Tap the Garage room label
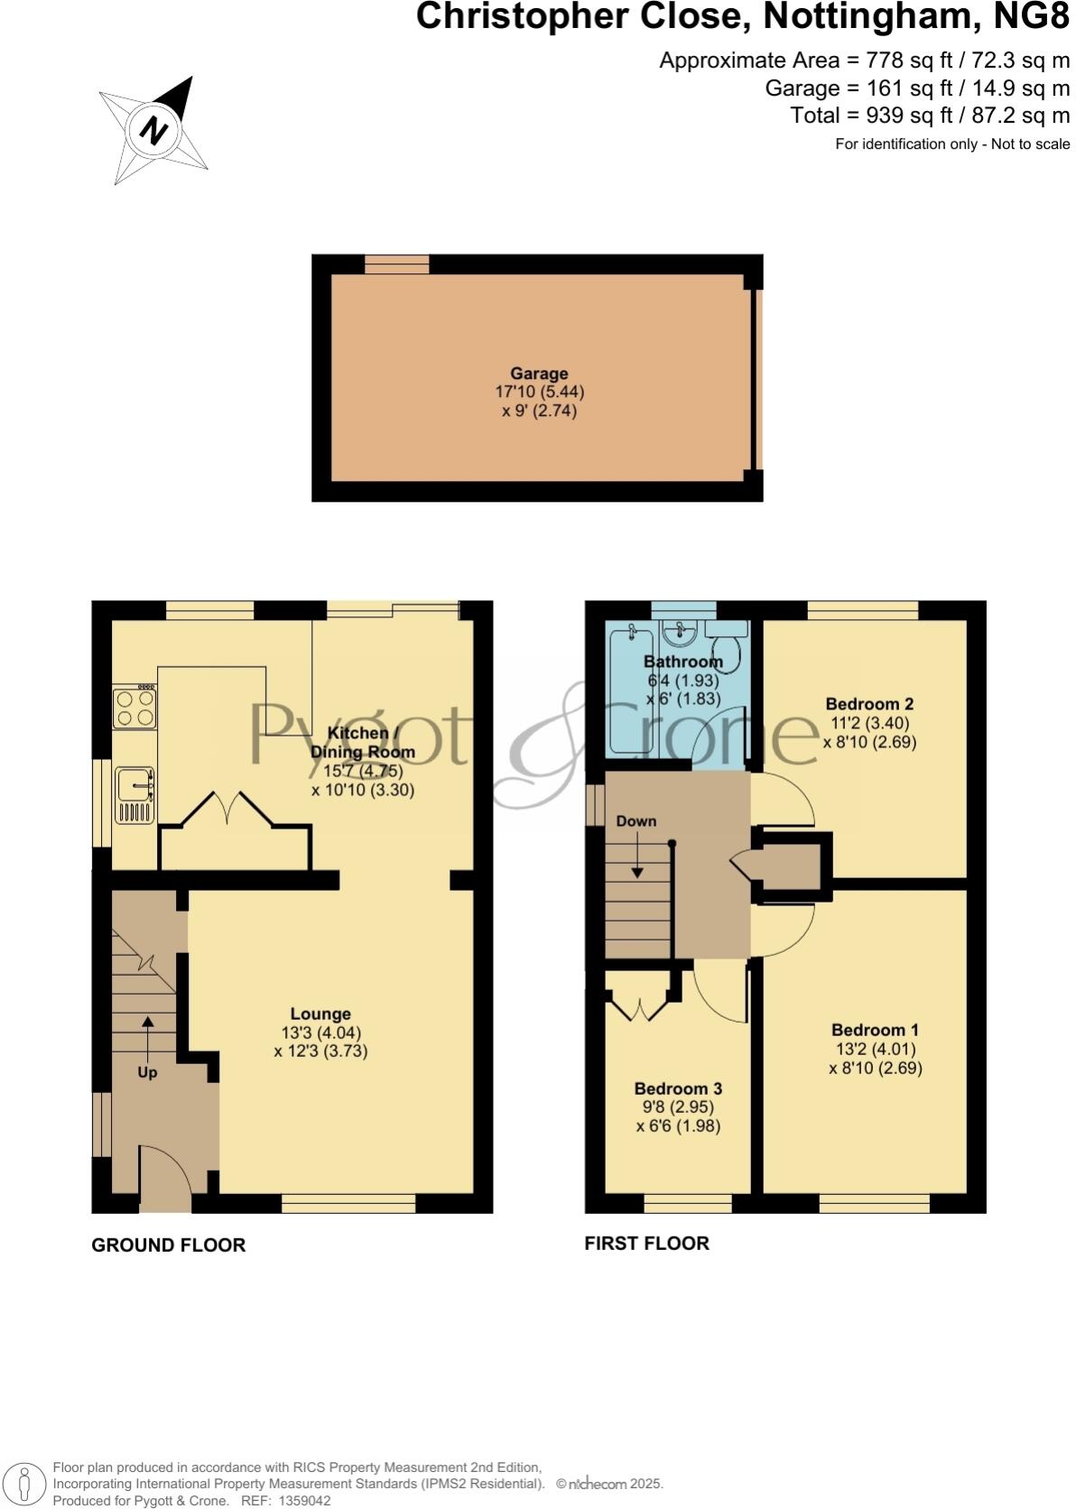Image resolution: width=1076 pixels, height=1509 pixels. point(539,374)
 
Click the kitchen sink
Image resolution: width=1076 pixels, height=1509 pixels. point(134,794)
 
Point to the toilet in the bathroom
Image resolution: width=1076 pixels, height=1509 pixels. point(726,648)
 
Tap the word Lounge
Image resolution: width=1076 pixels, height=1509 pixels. point(320,1014)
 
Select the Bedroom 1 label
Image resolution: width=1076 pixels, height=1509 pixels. point(875,1030)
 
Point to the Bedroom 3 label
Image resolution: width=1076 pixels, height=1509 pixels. point(678,1088)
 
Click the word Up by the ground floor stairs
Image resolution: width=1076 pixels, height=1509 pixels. point(147,1072)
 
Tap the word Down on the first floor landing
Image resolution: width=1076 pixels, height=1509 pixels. point(636,821)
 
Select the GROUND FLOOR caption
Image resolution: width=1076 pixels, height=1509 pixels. point(169,1245)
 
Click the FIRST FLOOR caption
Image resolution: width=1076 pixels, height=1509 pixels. point(647,1244)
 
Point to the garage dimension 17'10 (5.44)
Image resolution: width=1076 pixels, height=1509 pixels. point(540,393)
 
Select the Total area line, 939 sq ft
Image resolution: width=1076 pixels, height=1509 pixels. point(930,116)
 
